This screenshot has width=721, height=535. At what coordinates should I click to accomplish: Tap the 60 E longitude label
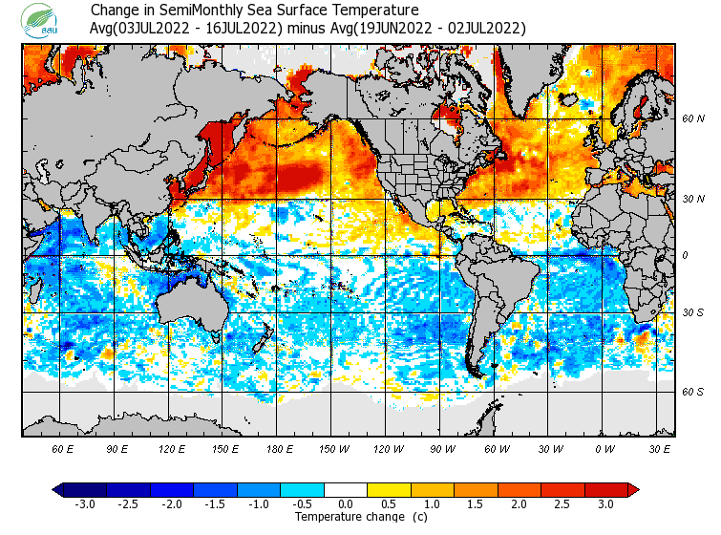click(63, 449)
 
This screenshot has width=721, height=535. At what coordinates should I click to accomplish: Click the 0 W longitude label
click(604, 449)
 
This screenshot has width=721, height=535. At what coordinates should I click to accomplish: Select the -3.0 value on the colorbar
click(85, 503)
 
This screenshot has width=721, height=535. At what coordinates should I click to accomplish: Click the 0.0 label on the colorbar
click(345, 503)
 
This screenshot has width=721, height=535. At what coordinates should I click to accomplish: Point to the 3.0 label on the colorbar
click(605, 503)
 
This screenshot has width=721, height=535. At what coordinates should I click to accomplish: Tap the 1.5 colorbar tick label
click(476, 503)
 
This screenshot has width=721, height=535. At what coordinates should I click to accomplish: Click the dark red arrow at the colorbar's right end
click(632, 489)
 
